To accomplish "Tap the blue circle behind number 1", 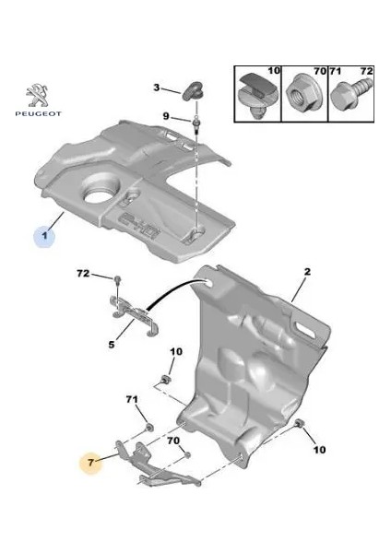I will coord(46,237).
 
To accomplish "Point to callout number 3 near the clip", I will coord(157,88).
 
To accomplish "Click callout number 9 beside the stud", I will coord(166,116).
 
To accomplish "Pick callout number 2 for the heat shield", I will coord(308,272).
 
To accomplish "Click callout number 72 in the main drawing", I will coord(82,275).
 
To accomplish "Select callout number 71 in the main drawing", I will coord(131,399).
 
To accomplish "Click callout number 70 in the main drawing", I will coord(173,441).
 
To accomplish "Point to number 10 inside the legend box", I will coord(273,70).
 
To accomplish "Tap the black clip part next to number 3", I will coord(192,88).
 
